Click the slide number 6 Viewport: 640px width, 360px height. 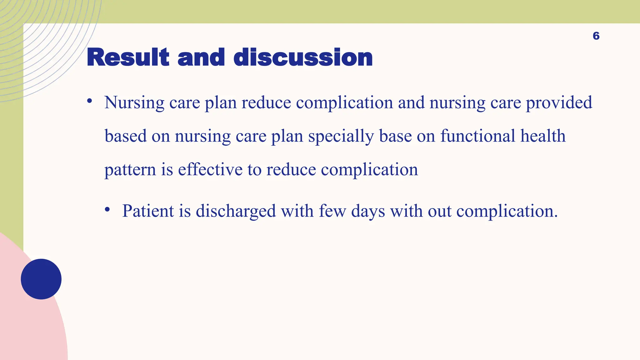596,36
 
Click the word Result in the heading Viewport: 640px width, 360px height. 128,58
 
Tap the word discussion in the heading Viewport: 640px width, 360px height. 303,58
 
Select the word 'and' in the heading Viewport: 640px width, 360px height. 201,58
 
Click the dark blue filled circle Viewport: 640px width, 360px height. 41,279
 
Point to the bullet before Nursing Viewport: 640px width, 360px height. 90,101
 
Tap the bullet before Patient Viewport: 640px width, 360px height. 107,209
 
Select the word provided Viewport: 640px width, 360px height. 559,103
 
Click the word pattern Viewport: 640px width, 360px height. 130,170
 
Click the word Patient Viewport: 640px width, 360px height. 148,211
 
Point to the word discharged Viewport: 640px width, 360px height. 236,212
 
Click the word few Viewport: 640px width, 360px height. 332,211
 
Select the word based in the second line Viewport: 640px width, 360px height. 126,136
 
